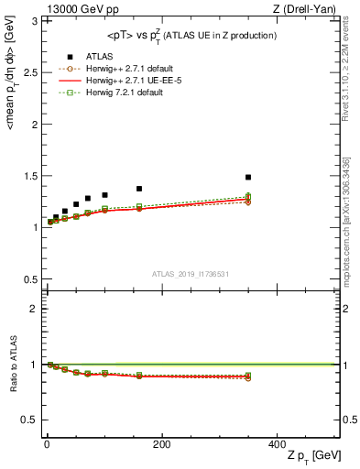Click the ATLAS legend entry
(99, 56)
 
